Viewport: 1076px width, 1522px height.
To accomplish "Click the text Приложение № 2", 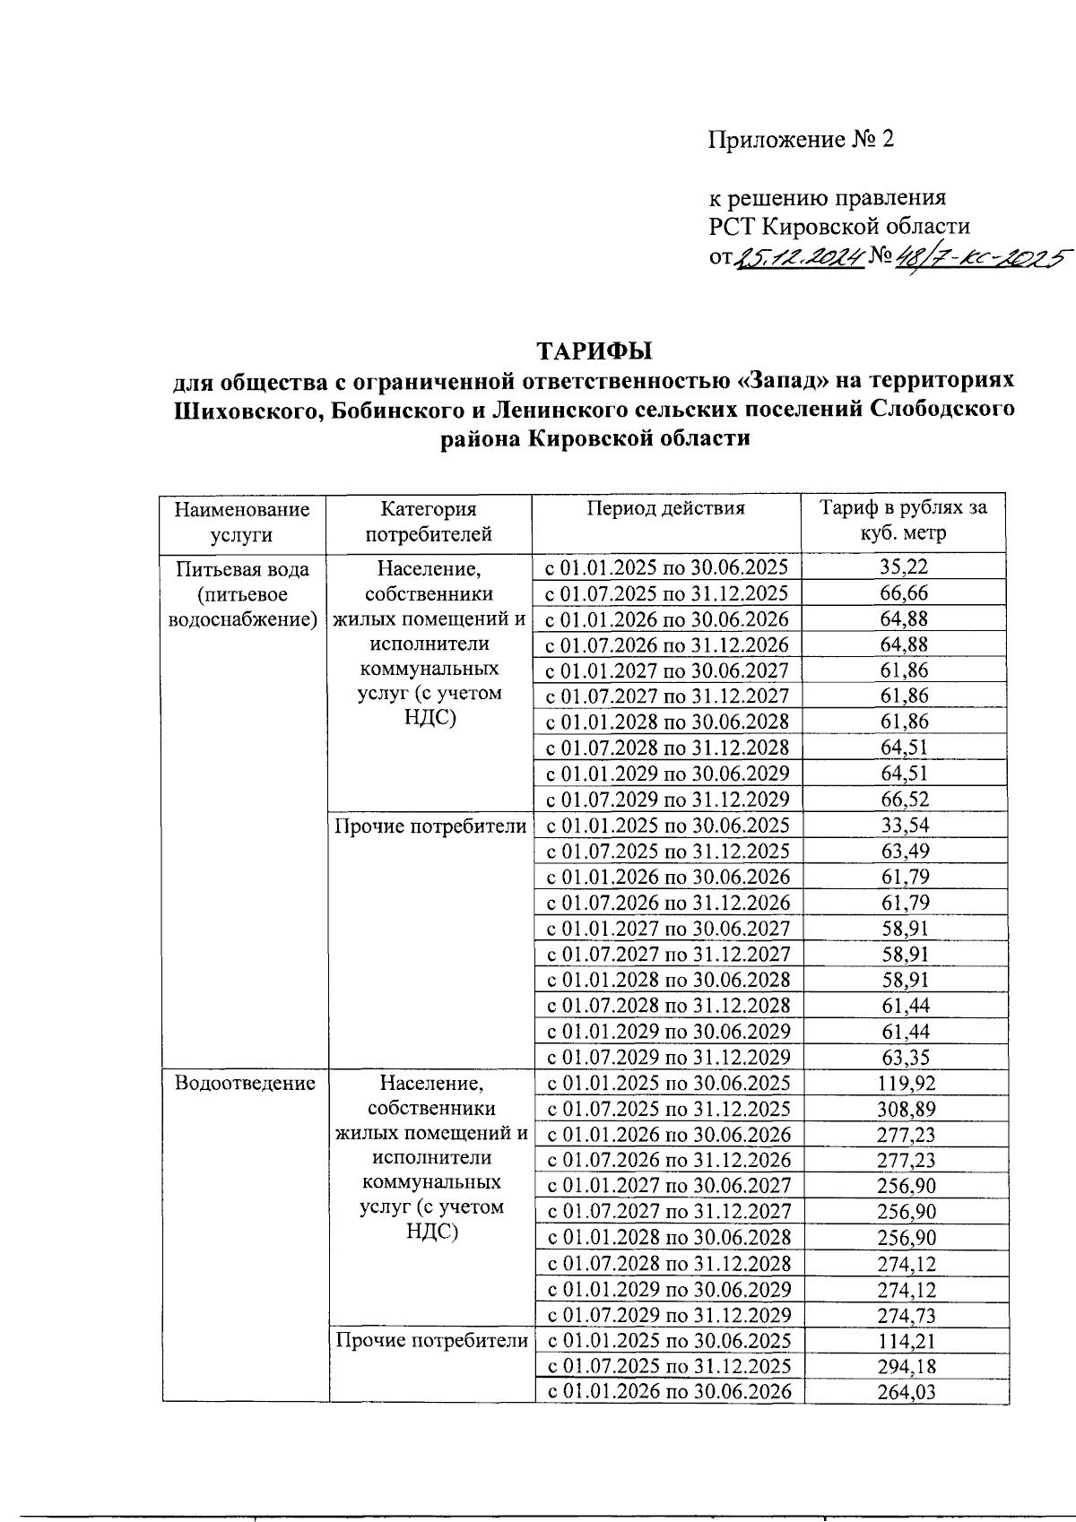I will (x=801, y=140).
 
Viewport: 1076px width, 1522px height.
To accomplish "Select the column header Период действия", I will (x=666, y=509).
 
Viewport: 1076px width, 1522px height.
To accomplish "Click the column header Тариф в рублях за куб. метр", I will (x=903, y=521).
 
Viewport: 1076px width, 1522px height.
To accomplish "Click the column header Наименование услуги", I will (x=242, y=522).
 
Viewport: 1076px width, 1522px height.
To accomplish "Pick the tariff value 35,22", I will (x=903, y=566).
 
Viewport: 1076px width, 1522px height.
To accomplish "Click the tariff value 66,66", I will (x=903, y=592).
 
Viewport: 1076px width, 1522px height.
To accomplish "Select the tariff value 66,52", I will (x=904, y=799).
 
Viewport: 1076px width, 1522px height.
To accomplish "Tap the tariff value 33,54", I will (x=904, y=825).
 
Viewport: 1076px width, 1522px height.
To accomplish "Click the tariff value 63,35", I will (x=905, y=1057).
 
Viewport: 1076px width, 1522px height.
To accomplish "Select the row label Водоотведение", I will (x=245, y=1083).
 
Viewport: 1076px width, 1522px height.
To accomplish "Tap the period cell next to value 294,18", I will (x=669, y=1366).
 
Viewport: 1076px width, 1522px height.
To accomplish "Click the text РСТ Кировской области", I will (x=839, y=227).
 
